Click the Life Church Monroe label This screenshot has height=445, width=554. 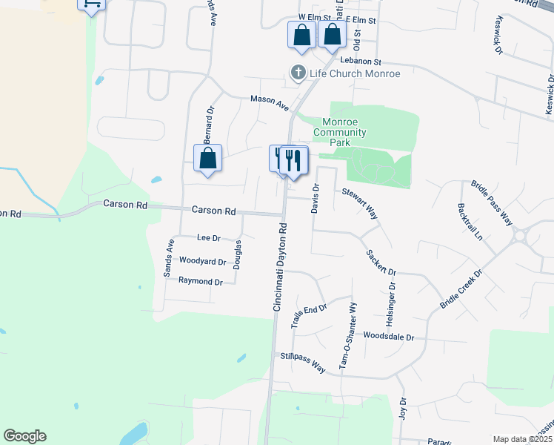355,73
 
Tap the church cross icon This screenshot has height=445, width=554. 298,73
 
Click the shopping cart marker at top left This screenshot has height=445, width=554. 91,4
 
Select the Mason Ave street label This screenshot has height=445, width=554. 269,103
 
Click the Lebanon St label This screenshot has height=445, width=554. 361,62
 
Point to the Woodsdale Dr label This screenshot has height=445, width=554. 389,336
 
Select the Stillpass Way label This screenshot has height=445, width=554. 302,361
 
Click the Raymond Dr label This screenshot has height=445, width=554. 200,282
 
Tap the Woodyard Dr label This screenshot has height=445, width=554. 202,261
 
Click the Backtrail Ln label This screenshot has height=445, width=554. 470,222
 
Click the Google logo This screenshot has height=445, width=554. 24,436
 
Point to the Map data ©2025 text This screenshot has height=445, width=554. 521,439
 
